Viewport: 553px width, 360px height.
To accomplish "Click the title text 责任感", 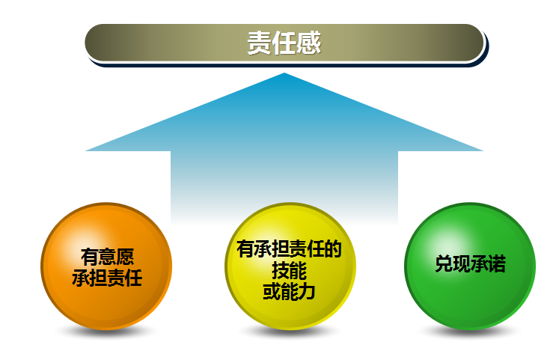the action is (284, 43).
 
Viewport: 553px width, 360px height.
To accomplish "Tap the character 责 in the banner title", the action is (259, 43).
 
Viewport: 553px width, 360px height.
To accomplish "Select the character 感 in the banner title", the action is (309, 43).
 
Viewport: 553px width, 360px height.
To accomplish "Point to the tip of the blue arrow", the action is (284, 73).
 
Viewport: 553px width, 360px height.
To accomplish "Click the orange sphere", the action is (106, 266).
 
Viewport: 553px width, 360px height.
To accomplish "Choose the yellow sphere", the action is (290, 266).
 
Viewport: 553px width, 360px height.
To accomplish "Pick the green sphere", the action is (470, 266).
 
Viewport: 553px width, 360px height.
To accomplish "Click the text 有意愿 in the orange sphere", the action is (107, 257).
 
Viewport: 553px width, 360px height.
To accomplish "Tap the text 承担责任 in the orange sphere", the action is (107, 278).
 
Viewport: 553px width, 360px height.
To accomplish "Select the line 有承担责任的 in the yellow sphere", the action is (289, 249).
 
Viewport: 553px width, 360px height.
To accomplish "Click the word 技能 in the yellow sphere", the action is (289, 271).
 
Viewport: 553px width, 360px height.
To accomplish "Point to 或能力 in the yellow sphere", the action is (289, 292).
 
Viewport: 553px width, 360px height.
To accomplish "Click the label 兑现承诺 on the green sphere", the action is (471, 263).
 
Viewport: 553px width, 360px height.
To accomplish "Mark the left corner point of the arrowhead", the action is (86, 151).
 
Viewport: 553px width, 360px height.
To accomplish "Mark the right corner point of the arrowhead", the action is (483, 151).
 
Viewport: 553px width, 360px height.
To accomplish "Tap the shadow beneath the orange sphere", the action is (106, 332).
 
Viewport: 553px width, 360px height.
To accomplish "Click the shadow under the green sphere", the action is (470, 332).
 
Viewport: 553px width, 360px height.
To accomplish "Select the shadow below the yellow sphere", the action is (290, 332).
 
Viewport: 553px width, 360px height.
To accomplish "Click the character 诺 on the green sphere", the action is (498, 263).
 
